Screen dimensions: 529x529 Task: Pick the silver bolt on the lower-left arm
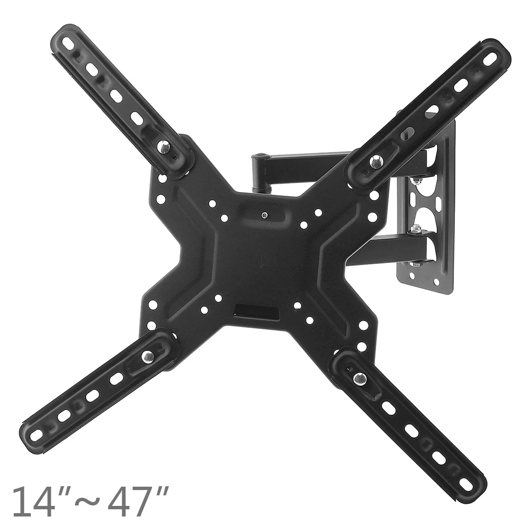tap(146, 356)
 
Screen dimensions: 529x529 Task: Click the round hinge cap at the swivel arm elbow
tap(260, 155)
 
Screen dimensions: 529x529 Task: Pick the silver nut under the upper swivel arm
tap(414, 180)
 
